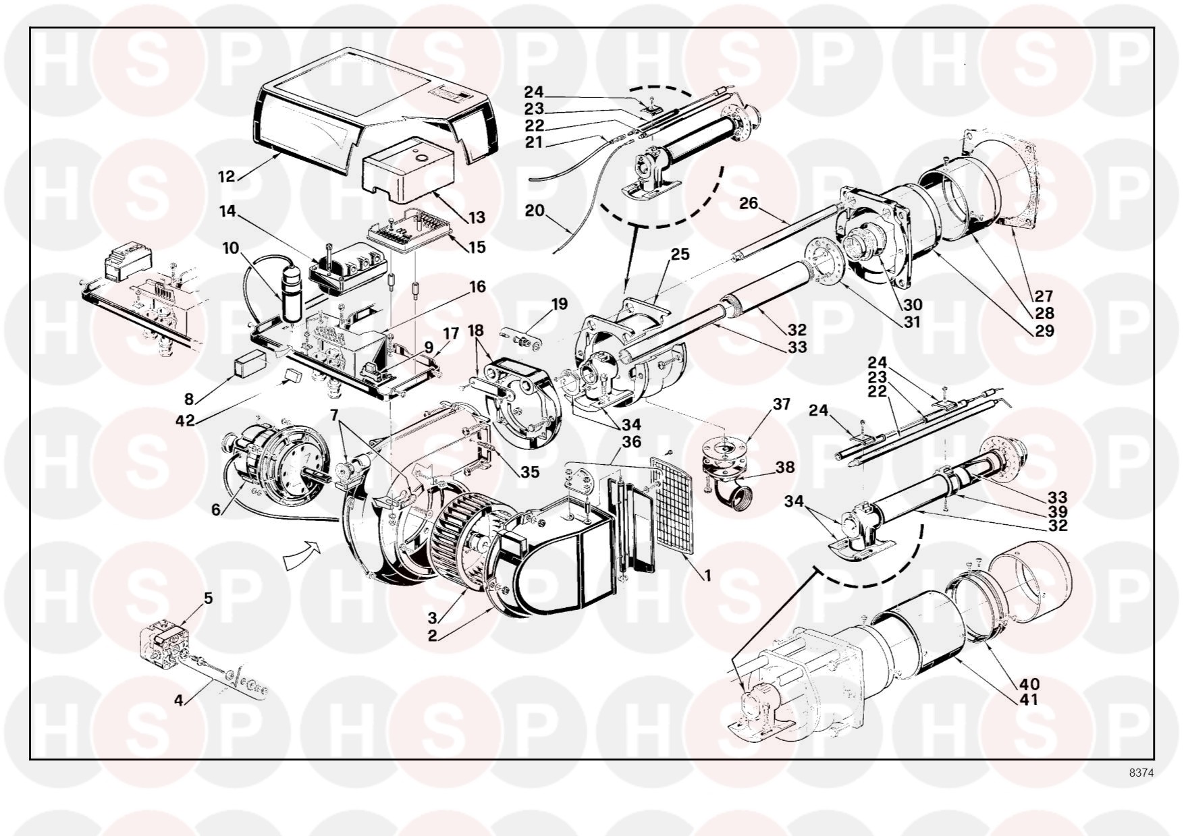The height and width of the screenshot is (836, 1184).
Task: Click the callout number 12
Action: tap(226, 177)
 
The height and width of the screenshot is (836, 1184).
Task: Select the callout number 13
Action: tap(477, 217)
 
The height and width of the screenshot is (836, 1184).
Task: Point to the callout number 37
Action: tap(782, 404)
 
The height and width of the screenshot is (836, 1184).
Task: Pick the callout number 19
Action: tap(559, 304)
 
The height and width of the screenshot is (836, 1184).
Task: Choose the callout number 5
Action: tap(209, 598)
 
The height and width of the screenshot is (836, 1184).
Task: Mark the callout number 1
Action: tap(707, 576)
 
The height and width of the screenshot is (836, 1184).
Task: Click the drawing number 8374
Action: tap(1140, 773)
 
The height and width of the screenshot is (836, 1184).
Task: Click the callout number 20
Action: tap(535, 211)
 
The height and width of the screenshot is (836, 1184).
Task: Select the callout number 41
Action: tap(1030, 700)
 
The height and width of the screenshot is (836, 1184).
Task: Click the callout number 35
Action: tap(530, 472)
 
